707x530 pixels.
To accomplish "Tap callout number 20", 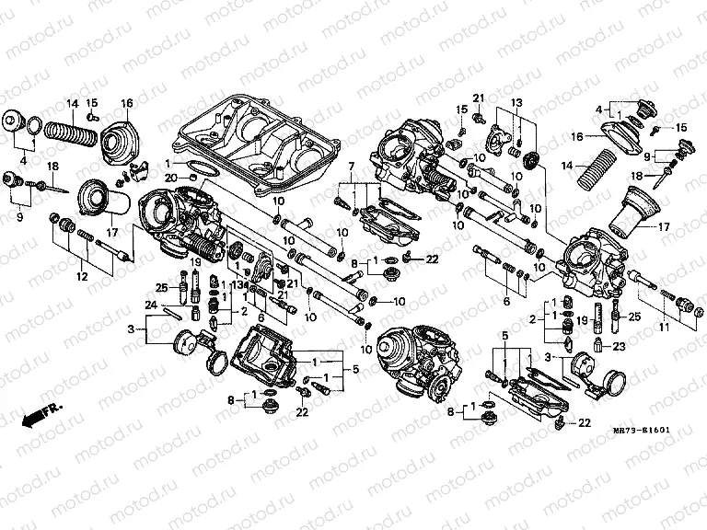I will tap(169, 177).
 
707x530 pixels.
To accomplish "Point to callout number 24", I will tap(150, 306).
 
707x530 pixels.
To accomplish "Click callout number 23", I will tap(619, 347).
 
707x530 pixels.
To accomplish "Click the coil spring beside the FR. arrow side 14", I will tap(73, 134).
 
